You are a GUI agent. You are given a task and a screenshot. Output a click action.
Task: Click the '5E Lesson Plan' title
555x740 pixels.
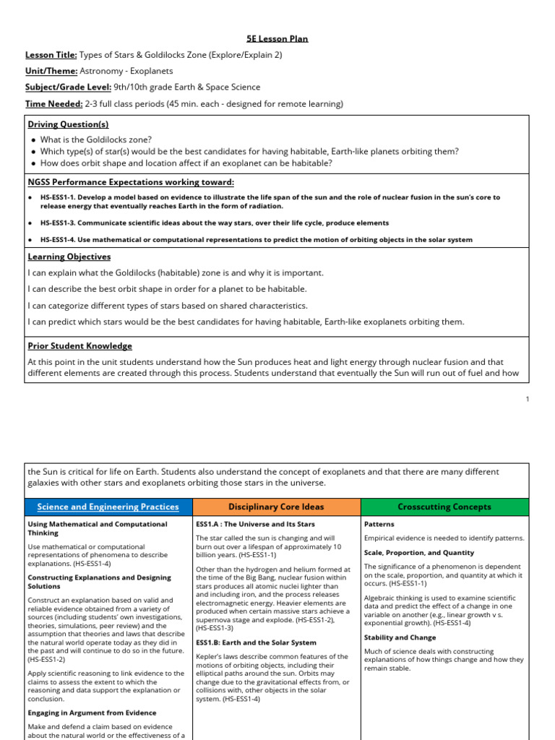point(277,38)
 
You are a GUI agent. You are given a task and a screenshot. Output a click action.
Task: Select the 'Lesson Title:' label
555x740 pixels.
point(51,55)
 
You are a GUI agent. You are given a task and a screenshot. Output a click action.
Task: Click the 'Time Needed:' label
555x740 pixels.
point(53,103)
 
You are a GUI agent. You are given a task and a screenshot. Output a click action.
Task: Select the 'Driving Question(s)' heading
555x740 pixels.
point(68,124)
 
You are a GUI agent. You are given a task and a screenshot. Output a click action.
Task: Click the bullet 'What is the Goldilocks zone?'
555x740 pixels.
point(96,139)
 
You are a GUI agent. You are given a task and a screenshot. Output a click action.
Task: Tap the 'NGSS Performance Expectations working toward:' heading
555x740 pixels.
point(131,182)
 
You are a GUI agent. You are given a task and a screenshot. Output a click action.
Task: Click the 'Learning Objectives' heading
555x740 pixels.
point(69,257)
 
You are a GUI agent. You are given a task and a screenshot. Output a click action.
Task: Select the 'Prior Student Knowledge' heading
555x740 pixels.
point(79,346)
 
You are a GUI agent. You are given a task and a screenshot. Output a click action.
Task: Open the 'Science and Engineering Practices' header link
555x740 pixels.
point(108,507)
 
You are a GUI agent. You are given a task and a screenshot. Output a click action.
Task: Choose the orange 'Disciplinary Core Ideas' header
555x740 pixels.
point(276,507)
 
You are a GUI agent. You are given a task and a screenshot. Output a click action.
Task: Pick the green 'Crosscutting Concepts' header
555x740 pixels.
point(444,507)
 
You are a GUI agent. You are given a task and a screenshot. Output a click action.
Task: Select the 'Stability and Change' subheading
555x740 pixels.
point(400,637)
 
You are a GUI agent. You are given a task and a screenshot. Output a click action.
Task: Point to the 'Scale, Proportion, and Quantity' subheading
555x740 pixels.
point(419,552)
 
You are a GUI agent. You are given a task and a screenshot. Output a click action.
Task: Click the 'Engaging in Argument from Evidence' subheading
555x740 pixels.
point(92,713)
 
